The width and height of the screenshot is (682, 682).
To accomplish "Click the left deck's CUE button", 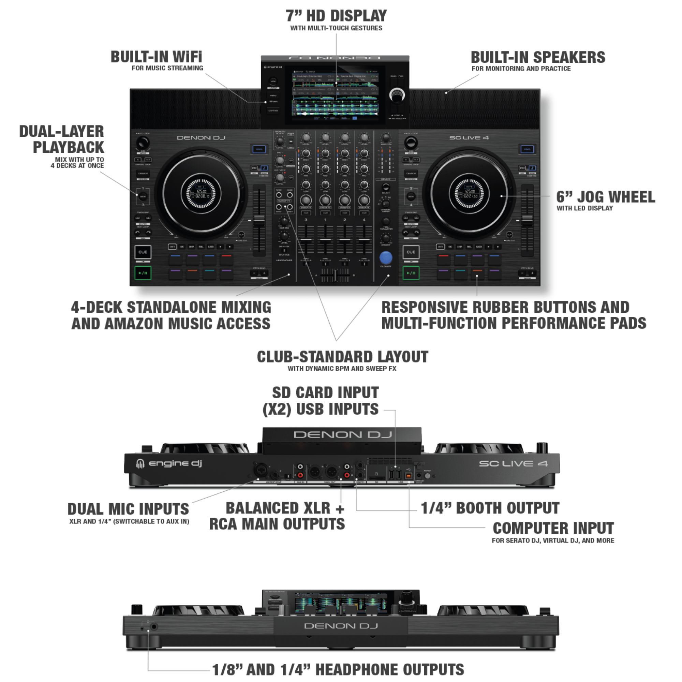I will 143,252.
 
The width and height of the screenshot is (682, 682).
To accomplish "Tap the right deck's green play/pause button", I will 411,273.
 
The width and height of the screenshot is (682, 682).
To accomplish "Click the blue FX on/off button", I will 385,257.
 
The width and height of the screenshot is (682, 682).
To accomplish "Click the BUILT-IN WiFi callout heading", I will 157,57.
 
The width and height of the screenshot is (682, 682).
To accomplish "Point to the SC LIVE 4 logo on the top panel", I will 469,138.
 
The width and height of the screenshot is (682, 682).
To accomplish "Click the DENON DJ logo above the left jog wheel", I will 201,138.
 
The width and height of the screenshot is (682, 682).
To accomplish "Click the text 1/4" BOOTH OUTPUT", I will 490,508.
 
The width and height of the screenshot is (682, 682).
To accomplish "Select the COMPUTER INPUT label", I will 553,528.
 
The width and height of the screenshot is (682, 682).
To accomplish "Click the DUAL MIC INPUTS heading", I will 128,509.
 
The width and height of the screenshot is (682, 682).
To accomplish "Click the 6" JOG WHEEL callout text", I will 605,197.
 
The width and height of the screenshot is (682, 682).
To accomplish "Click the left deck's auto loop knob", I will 143,143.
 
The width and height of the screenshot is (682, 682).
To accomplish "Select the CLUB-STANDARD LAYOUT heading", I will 342,357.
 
